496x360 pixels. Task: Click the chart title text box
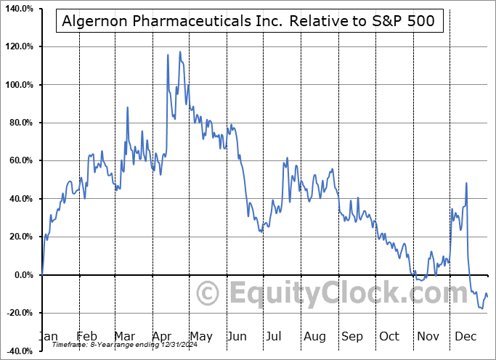(246, 21)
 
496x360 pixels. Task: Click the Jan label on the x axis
(49, 337)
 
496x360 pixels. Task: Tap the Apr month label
(162, 337)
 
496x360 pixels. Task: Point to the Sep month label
(352, 337)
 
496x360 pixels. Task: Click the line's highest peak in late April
(179, 52)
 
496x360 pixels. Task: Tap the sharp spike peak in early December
(466, 183)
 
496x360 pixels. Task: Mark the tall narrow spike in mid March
(128, 107)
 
